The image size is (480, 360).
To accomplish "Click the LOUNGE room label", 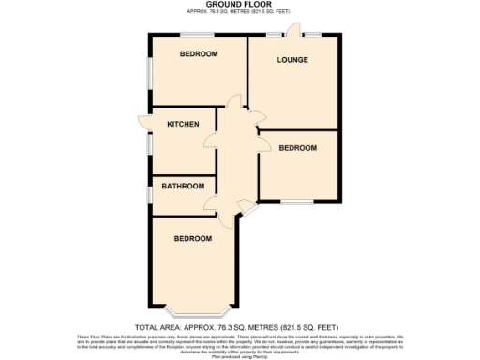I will pos(292,60).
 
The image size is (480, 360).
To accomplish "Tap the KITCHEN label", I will pos(183,124).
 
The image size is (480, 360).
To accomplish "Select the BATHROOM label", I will pos(183,186).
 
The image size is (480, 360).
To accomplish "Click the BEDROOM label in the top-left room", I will pos(199,54).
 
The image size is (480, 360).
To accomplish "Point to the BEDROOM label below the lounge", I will pos(298,148).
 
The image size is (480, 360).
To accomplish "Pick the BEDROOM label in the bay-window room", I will pos(192,239).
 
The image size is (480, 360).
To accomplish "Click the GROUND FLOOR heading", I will pos(240,5).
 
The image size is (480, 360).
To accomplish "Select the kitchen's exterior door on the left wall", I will pos(143,123).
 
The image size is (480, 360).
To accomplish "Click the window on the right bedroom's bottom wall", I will pos(298,201).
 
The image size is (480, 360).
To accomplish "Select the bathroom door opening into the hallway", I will pos(216,204).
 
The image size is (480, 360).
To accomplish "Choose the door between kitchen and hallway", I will pos(217,122).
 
